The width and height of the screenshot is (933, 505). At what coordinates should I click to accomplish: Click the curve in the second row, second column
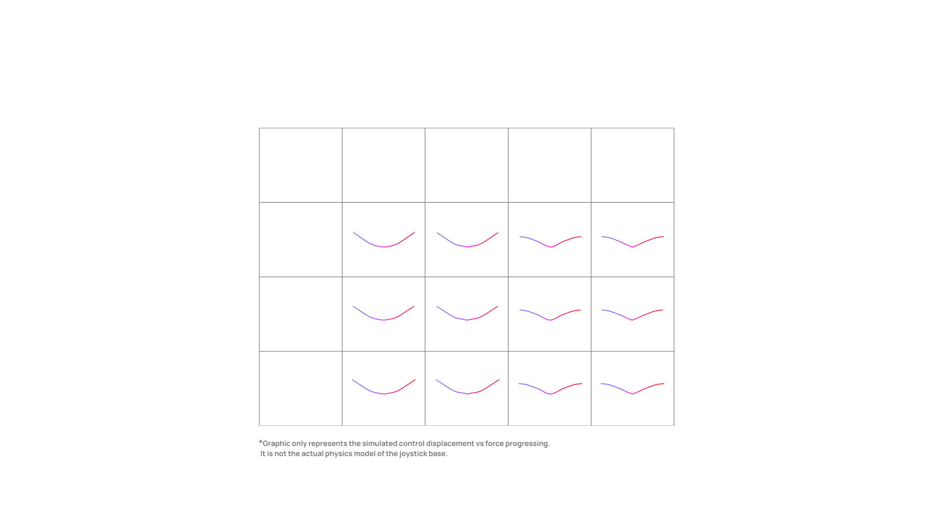pos(384,247)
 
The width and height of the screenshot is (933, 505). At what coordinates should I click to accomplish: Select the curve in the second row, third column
pos(467,247)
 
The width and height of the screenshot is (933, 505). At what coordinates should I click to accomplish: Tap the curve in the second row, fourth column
pos(550,247)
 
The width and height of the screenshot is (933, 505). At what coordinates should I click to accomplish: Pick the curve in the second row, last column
pos(632,247)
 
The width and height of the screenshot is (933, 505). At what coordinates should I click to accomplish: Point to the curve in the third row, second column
pos(384,320)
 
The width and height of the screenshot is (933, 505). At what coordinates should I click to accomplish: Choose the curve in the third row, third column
pos(467,320)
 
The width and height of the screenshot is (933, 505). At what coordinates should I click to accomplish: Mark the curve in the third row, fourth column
pos(550,320)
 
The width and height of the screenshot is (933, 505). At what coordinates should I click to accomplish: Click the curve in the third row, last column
pos(632,320)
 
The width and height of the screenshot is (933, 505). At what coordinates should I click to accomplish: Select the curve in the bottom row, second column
pos(384,394)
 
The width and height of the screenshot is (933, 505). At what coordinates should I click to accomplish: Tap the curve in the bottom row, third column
pos(467,394)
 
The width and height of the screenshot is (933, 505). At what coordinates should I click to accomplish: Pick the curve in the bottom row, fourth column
pos(550,394)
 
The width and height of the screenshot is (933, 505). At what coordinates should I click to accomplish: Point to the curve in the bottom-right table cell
pos(632,394)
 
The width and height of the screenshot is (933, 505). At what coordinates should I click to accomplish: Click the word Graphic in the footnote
pos(276,444)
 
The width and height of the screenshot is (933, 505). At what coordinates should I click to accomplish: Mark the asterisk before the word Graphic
pos(261,442)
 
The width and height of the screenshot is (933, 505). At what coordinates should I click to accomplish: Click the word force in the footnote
pos(494,444)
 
